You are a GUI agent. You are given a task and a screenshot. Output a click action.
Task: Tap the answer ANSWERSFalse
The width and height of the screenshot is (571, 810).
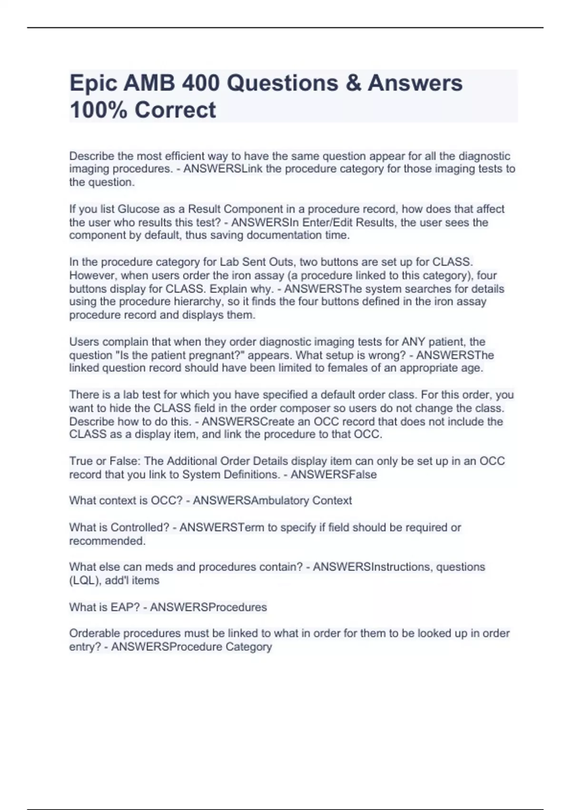334,475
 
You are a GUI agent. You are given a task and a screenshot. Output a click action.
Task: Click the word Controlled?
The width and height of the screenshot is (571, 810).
140,527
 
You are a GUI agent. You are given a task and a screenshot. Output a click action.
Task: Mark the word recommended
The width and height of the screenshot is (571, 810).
107,541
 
